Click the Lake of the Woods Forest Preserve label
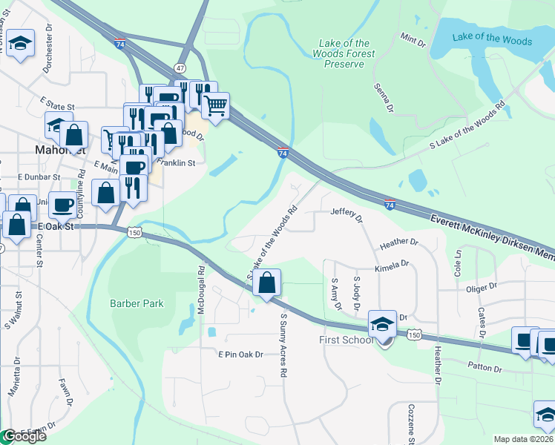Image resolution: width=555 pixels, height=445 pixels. click(344, 54)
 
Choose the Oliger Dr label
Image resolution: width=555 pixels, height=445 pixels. click(482, 287)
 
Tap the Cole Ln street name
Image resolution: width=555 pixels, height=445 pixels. click(458, 263)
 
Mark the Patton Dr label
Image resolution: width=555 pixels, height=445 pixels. click(486, 365)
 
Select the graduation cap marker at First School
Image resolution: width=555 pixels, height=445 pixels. click(382, 323)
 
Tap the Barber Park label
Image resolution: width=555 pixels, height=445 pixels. click(137, 303)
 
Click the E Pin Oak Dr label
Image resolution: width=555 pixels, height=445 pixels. click(240, 355)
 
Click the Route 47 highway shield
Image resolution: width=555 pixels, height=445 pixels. click(180, 67)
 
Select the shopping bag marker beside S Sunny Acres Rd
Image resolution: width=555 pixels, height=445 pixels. click(266, 283)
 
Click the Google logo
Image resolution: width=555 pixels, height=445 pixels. click(24, 436)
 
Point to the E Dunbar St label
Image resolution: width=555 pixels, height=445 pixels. click(39, 178)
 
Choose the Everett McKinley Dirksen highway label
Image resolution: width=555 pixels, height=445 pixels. click(493, 236)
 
